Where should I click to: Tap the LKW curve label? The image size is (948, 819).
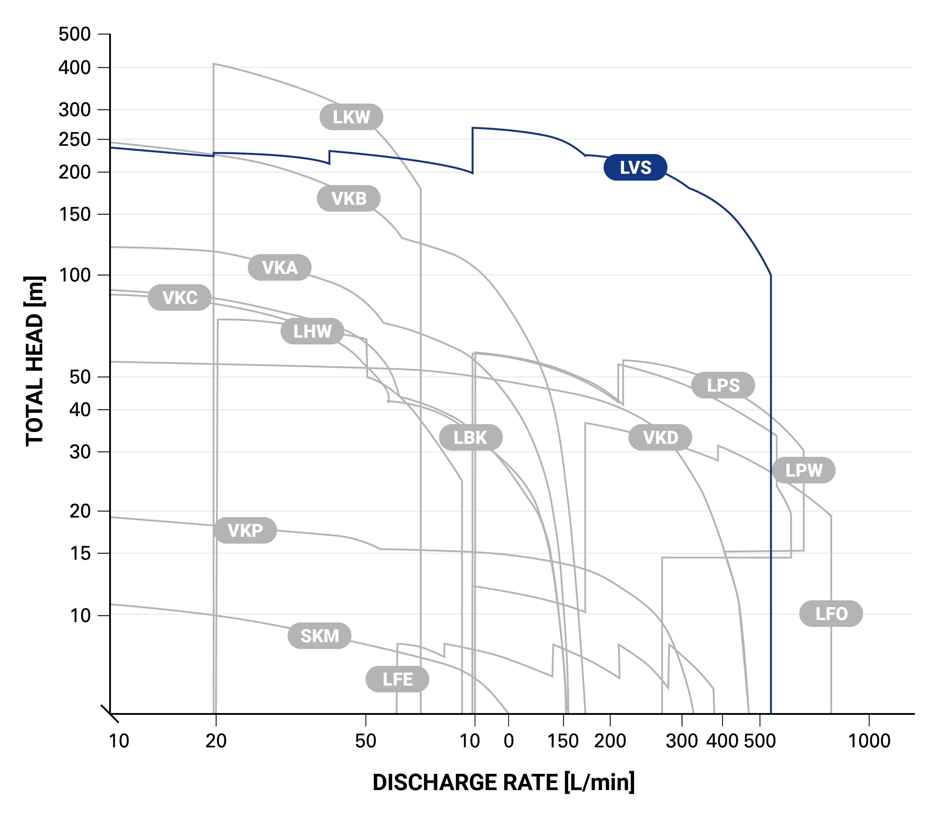pyautogui.click(x=351, y=117)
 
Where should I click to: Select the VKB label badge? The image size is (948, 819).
pyautogui.click(x=349, y=199)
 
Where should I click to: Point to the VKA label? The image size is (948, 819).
pyautogui.click(x=279, y=267)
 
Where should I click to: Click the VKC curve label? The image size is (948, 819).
pyautogui.click(x=180, y=297)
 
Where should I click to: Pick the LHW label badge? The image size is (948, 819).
pyautogui.click(x=312, y=331)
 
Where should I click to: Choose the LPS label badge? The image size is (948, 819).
pyautogui.click(x=723, y=385)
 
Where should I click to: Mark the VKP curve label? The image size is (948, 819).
pyautogui.click(x=245, y=531)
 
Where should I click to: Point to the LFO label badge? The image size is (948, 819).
pyautogui.click(x=831, y=614)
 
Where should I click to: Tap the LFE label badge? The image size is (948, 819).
pyautogui.click(x=397, y=679)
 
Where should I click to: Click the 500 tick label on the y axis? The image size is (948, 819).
pyautogui.click(x=75, y=34)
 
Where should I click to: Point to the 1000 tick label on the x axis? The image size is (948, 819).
pyautogui.click(x=869, y=741)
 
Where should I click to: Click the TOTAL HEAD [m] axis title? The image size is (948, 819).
pyautogui.click(x=35, y=362)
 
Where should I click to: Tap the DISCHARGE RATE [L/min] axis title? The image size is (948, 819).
pyautogui.click(x=504, y=782)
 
